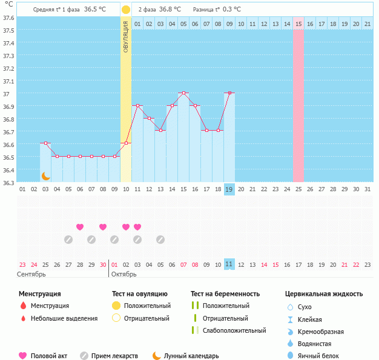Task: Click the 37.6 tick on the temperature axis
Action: coord(9,18)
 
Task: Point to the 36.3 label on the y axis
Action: coord(9,182)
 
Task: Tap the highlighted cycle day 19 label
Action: coord(229,189)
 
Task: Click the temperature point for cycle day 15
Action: coord(183,93)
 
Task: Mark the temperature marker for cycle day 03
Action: coord(45,143)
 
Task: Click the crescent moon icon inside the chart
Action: coord(45,175)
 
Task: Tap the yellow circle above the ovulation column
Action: coord(126,10)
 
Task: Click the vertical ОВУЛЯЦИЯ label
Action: coord(126,36)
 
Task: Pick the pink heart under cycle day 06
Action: coord(80,227)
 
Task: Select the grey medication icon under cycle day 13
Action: coord(160,239)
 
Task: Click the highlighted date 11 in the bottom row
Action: coord(229,264)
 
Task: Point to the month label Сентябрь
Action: coord(31,274)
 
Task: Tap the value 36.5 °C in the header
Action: coord(94,10)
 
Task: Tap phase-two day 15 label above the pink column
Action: coord(298,24)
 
